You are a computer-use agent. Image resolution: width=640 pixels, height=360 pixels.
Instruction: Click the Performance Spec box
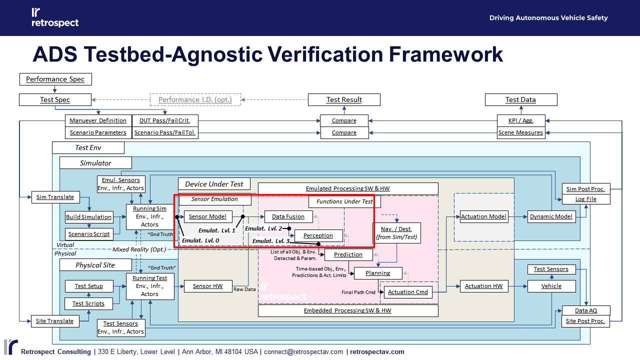click(55, 79)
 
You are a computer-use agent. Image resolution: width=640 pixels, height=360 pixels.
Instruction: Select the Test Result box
click(344, 99)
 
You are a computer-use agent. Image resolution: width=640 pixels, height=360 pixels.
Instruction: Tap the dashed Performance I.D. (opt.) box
click(195, 99)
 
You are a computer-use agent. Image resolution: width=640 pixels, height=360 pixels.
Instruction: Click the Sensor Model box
click(208, 216)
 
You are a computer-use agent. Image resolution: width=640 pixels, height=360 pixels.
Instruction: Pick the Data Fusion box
click(288, 216)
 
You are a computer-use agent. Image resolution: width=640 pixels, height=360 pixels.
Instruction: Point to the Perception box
click(318, 235)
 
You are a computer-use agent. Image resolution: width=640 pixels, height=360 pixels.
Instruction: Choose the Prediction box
click(348, 254)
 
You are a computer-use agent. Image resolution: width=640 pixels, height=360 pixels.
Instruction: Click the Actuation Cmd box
click(407, 292)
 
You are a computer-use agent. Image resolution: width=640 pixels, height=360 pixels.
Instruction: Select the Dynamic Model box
click(551, 216)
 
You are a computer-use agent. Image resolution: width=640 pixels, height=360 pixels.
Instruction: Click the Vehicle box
click(551, 286)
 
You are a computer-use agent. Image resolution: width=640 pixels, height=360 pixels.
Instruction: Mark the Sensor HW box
click(208, 286)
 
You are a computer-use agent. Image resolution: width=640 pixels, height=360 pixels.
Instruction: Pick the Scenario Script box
click(89, 234)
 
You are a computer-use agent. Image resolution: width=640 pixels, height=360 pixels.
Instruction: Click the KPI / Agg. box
click(520, 120)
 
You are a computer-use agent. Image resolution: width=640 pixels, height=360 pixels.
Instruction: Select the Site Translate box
click(54, 321)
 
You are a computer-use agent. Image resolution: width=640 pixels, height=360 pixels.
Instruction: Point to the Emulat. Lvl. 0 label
click(200, 240)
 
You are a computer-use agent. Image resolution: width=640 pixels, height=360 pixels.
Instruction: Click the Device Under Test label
click(214, 184)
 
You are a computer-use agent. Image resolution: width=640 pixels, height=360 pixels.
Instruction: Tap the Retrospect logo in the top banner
click(55, 17)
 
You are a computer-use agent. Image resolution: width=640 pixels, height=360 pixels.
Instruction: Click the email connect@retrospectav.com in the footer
click(303, 351)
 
